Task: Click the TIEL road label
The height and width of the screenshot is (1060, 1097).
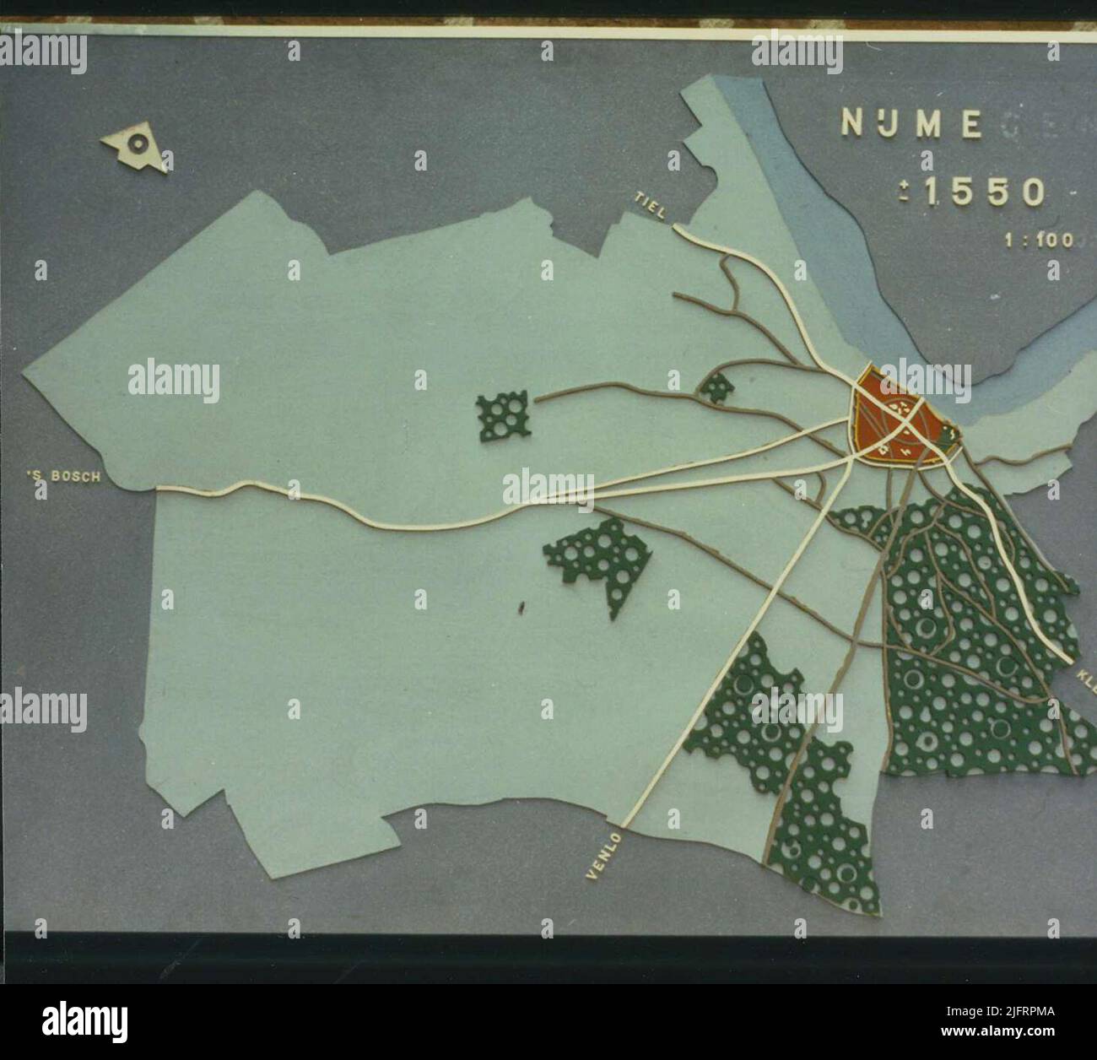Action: coord(651,205)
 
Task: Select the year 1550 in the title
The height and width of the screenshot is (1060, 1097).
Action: coord(984,192)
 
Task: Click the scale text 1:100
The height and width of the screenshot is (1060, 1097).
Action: coord(1038,241)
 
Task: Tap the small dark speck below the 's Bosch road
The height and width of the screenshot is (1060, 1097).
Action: coord(522,604)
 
